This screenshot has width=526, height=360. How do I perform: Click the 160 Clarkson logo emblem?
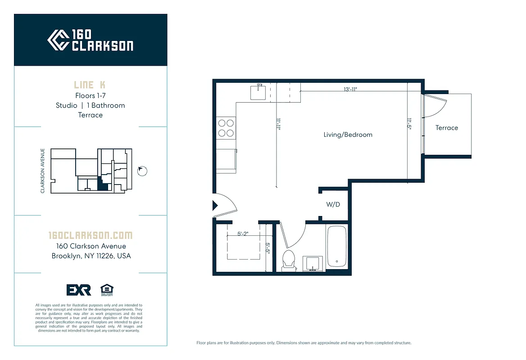tap(58, 40)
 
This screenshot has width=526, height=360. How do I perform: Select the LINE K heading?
tap(90, 85)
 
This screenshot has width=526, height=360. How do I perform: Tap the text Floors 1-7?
tap(90, 95)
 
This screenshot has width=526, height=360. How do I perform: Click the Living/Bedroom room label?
tap(348, 135)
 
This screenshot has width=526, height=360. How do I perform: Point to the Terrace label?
tap(446, 128)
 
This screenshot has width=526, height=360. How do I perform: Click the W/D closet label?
tap(333, 205)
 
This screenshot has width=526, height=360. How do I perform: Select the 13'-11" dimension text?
tap(354, 89)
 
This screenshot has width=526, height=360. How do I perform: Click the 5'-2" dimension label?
tap(243, 234)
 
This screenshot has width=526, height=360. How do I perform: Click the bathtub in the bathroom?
tap(336, 247)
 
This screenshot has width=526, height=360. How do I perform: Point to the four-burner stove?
tap(226, 127)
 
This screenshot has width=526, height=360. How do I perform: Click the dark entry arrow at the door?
tap(215, 206)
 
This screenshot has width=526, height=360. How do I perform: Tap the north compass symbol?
tap(142, 171)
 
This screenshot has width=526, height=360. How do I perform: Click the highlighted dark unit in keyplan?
tap(103, 184)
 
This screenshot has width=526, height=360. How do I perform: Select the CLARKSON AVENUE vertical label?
tap(43, 171)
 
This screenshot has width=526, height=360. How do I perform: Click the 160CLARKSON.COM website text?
tap(90, 235)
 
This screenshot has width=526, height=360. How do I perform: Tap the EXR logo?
tap(78, 290)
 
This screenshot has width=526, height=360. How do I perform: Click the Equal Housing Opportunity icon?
tap(106, 289)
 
